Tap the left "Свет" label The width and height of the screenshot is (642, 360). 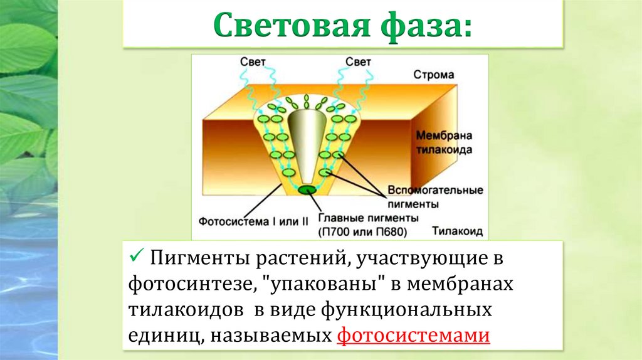tap(253, 62)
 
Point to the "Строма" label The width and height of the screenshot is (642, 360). tap(433, 75)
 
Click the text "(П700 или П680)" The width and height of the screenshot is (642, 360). tap(363, 231)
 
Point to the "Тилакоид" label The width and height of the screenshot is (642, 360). tap(457, 231)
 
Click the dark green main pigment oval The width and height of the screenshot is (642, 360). tap(307, 189)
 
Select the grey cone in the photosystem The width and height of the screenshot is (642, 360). tap(307, 144)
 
